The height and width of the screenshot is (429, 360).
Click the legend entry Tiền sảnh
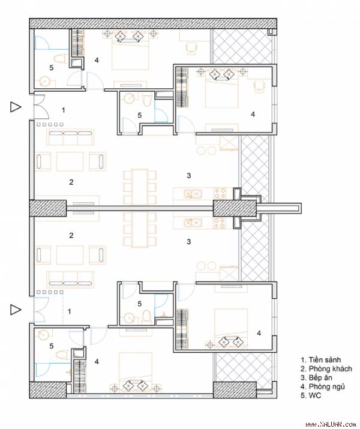pyautogui.click(x=320, y=360)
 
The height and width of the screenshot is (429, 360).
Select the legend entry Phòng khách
pyautogui.click(x=326, y=369)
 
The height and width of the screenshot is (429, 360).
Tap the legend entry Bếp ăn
pyautogui.click(x=316, y=378)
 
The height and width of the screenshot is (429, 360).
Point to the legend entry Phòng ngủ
pyautogui.click(x=323, y=387)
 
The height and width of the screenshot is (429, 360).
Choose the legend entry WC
pyautogui.click(x=311, y=395)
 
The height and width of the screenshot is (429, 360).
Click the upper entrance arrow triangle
pyautogui.click(x=16, y=107)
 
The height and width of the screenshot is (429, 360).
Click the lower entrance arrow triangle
pyautogui.click(x=16, y=310)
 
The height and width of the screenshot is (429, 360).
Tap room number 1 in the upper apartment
pyautogui.click(x=64, y=110)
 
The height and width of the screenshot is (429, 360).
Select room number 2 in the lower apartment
pyautogui.click(x=71, y=235)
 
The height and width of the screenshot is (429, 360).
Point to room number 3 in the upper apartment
pyautogui.click(x=189, y=175)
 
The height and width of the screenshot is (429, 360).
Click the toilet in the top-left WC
pyautogui.click(x=61, y=59)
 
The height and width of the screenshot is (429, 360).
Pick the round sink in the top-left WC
pyautogui.click(x=44, y=81)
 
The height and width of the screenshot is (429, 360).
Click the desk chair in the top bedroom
pyautogui.click(x=191, y=48)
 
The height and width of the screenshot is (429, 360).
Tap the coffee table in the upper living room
pyautogui.click(x=70, y=161)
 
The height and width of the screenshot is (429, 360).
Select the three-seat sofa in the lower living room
pyautogui.click(x=70, y=279)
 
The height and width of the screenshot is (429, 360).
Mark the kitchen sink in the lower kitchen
pyautogui.click(x=193, y=223)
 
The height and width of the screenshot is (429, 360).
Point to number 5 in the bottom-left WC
pyautogui.click(x=52, y=346)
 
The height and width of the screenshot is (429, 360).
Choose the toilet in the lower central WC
pyautogui.click(x=147, y=316)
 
